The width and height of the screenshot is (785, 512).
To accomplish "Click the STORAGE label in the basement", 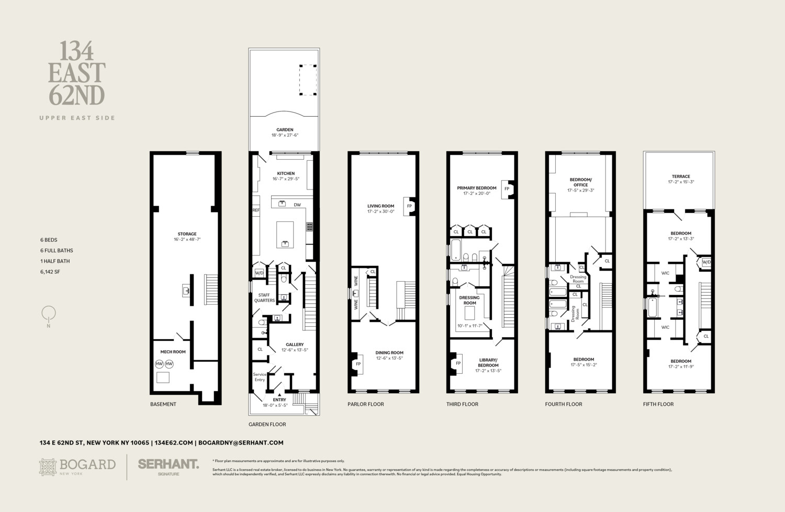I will coord(187,234).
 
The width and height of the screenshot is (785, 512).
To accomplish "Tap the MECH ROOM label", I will coord(173,352).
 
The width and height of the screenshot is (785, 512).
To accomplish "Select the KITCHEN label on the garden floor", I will coord(286,173).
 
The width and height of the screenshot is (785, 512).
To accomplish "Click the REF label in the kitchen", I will coord(256,210).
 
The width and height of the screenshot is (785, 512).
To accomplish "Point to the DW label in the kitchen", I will coord(297,205).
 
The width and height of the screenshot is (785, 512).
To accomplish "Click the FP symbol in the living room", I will coord(409,206).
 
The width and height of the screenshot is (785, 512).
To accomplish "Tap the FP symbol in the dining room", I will coord(358,364).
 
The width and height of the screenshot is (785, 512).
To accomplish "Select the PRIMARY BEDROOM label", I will coord(476,188).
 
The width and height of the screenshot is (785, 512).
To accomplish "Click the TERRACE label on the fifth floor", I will coord(681,176).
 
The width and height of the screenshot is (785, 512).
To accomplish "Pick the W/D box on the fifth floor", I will coord(706,262).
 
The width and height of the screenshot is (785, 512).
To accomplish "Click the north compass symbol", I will coord(49,315).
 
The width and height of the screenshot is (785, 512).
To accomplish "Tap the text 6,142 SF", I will coord(50,272).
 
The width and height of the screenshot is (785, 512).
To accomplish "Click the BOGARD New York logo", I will coord(77,466).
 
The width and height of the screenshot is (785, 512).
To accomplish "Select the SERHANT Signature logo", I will coord(168,466).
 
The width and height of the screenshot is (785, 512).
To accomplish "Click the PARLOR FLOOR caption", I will coord(365,404).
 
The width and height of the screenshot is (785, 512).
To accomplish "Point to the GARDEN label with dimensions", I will coord(285,132).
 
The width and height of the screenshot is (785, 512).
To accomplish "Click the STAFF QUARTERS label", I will coord(264,297).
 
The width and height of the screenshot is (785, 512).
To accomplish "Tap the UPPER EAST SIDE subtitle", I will coord(77,118).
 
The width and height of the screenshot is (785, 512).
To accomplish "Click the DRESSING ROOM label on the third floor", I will coord(469,300).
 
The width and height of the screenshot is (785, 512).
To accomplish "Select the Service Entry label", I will coord(260,377).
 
